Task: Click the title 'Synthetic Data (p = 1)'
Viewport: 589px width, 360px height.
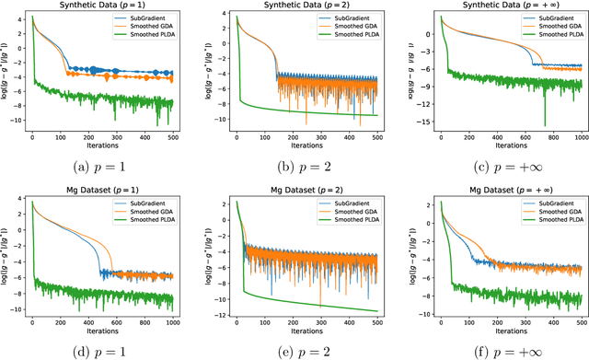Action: point(102,6)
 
